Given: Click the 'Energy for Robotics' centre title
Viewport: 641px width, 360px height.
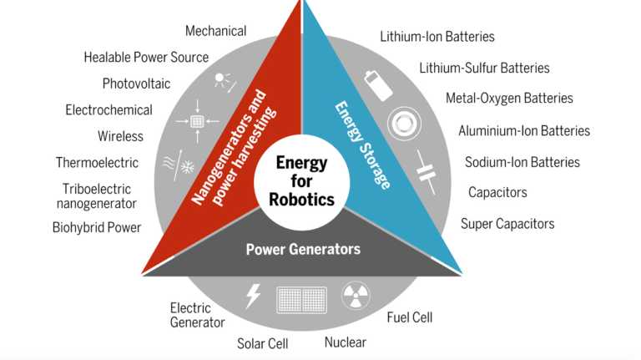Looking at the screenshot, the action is tap(301, 180).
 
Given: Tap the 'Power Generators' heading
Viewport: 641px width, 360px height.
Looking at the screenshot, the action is tap(303, 249).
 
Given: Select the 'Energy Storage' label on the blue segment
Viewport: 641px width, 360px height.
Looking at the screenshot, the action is tap(362, 145).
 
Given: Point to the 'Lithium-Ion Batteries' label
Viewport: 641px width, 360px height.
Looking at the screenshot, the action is tap(437, 37).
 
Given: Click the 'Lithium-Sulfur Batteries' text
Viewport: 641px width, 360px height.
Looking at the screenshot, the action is tap(484, 68).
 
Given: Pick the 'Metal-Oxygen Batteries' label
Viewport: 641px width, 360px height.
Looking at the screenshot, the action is tap(509, 99).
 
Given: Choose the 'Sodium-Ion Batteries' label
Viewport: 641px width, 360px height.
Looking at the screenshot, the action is tap(522, 162).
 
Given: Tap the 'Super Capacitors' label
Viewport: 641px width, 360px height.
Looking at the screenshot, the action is tap(507, 224).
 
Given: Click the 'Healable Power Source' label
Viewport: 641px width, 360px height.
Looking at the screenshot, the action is tap(146, 58).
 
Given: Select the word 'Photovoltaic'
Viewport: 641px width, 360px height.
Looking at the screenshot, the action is tap(136, 84).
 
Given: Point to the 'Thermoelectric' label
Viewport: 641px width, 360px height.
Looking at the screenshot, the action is tap(97, 162).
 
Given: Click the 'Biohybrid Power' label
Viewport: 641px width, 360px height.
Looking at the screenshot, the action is tap(97, 227).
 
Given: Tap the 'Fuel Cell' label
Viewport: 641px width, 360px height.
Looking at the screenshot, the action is tap(409, 317).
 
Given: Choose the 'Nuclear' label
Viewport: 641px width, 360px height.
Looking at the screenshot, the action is tap(345, 342).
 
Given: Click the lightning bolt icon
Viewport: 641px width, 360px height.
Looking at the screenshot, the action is tap(253, 296).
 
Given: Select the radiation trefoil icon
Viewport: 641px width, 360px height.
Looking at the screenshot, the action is tap(356, 296).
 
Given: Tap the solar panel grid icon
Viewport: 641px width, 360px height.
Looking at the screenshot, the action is tap(301, 300).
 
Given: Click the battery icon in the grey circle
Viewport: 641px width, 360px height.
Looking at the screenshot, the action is tap(378, 85).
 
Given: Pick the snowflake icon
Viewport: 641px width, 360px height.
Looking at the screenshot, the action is tap(188, 166).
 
